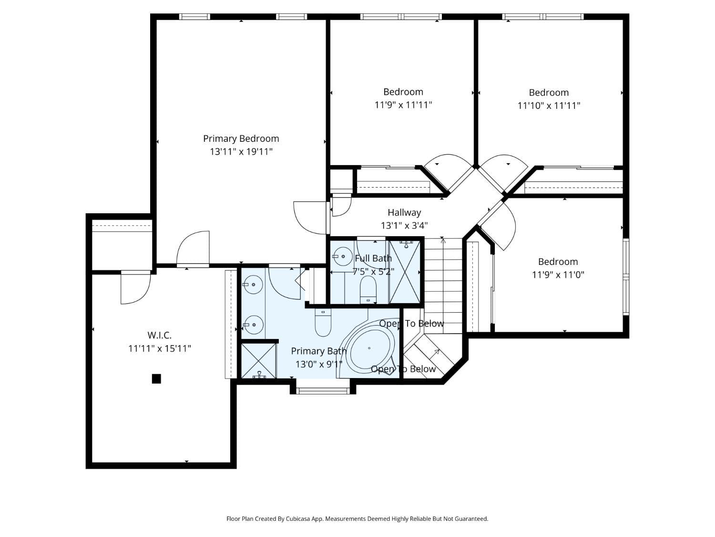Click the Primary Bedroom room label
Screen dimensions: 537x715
[x=241, y=138]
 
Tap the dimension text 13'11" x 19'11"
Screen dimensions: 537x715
[x=241, y=152]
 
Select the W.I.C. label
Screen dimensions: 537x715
[x=159, y=336]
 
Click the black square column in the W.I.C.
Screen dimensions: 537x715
[x=156, y=379]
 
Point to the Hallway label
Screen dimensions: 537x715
[x=404, y=212]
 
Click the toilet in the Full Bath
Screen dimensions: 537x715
[x=368, y=290]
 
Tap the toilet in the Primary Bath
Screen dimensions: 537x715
[x=323, y=323]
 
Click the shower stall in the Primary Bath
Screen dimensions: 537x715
[x=259, y=361]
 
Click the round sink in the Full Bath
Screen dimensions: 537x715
[x=342, y=256]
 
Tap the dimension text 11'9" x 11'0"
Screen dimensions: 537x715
[x=558, y=274]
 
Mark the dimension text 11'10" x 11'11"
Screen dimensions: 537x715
[x=549, y=105]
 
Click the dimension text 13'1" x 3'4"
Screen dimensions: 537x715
[x=404, y=225]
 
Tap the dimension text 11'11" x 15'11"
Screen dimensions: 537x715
[x=160, y=348]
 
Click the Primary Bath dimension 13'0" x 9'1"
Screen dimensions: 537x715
[x=319, y=364]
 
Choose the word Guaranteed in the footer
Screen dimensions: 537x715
[x=471, y=518]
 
